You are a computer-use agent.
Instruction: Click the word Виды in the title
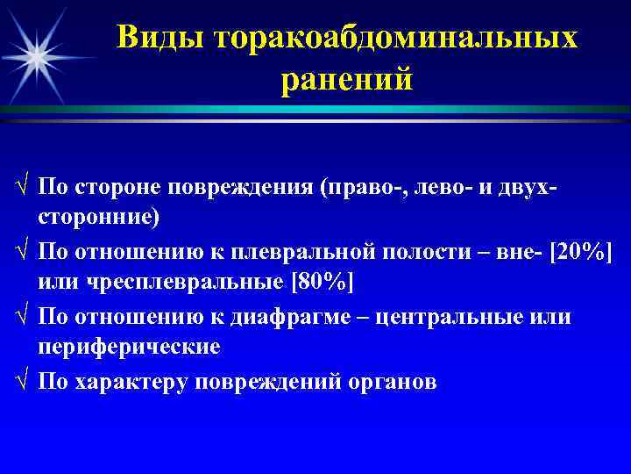pos(160,37)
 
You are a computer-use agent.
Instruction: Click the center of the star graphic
pos(37,54)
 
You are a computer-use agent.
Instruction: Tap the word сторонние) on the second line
pos(99,217)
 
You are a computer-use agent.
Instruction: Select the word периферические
pos(129,346)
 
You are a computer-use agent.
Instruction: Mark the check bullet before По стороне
pos(22,187)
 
